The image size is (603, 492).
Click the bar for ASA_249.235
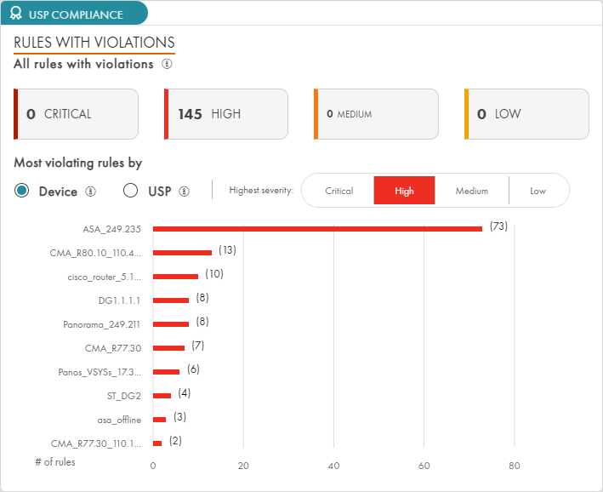click(x=317, y=228)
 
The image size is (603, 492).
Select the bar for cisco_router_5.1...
click(x=175, y=276)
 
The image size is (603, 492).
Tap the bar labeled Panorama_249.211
click(x=171, y=323)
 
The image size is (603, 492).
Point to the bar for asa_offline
click(x=159, y=419)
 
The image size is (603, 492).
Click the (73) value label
click(x=498, y=226)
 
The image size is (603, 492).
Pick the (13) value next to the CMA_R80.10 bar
click(x=226, y=250)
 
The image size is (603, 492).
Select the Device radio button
click(x=23, y=191)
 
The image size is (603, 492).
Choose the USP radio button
click(x=131, y=191)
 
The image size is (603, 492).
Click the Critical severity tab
click(x=338, y=191)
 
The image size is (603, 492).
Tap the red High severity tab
click(x=404, y=191)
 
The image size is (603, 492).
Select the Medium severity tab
click(x=471, y=191)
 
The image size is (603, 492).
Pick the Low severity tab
click(x=538, y=191)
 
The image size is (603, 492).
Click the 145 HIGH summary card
click(x=226, y=114)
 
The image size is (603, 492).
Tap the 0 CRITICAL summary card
click(x=77, y=114)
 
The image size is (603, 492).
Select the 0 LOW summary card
click(x=527, y=114)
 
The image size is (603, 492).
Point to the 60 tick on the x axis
click(x=424, y=465)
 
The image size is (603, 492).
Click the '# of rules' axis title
click(x=55, y=462)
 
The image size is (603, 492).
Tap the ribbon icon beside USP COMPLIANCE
click(x=16, y=14)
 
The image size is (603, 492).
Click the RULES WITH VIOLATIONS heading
click(x=94, y=43)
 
